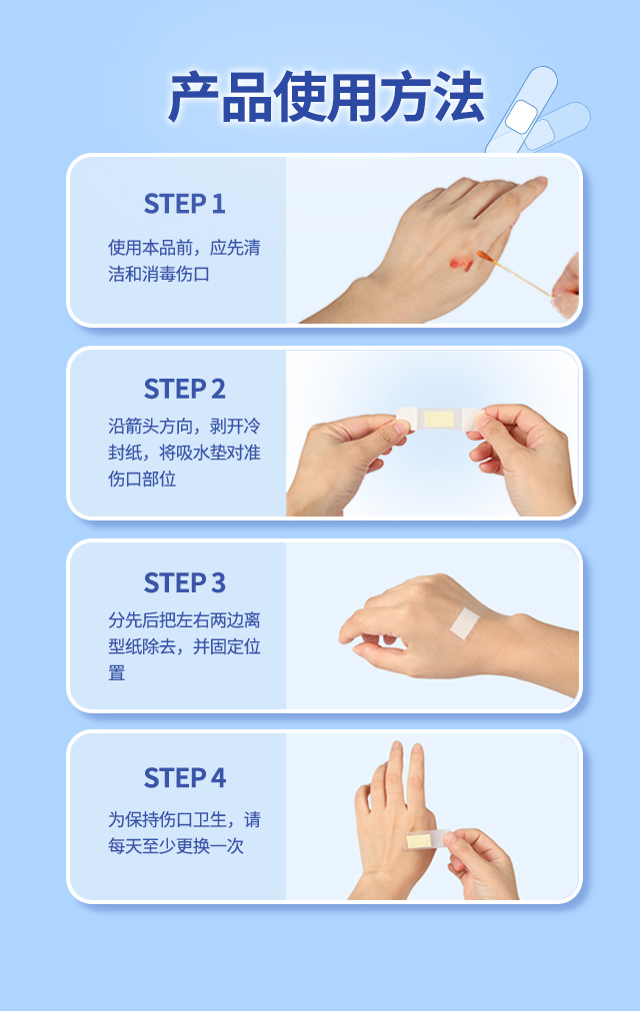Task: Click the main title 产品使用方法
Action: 326,97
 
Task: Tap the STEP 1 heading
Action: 185,204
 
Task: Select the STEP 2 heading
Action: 185,390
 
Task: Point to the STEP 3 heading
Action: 185,582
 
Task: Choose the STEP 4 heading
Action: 185,777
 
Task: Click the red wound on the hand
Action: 461,263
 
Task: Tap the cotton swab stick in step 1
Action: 514,274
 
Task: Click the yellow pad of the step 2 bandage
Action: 440,420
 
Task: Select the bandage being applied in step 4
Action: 427,839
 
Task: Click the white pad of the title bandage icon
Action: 521,117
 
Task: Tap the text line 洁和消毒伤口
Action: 159,274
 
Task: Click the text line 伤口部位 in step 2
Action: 142,480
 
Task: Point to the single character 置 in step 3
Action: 116,673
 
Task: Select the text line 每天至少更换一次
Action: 175,846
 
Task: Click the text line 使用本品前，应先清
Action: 184,248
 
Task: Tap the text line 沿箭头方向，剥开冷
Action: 184,427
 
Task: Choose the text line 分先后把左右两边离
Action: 184,620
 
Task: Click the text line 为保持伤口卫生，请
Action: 184,819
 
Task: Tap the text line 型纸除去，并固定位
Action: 184,646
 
